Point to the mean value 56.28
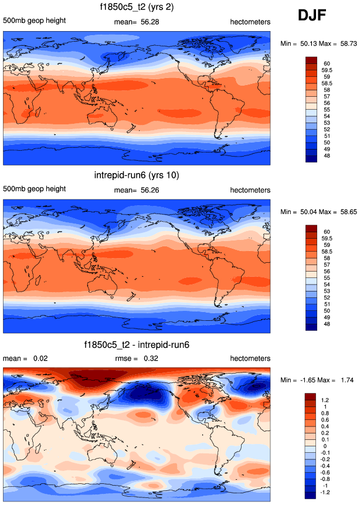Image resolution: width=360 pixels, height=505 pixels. [150, 22]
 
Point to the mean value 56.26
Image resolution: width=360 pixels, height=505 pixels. [150, 190]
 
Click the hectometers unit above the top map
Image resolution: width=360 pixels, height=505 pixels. [250, 22]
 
